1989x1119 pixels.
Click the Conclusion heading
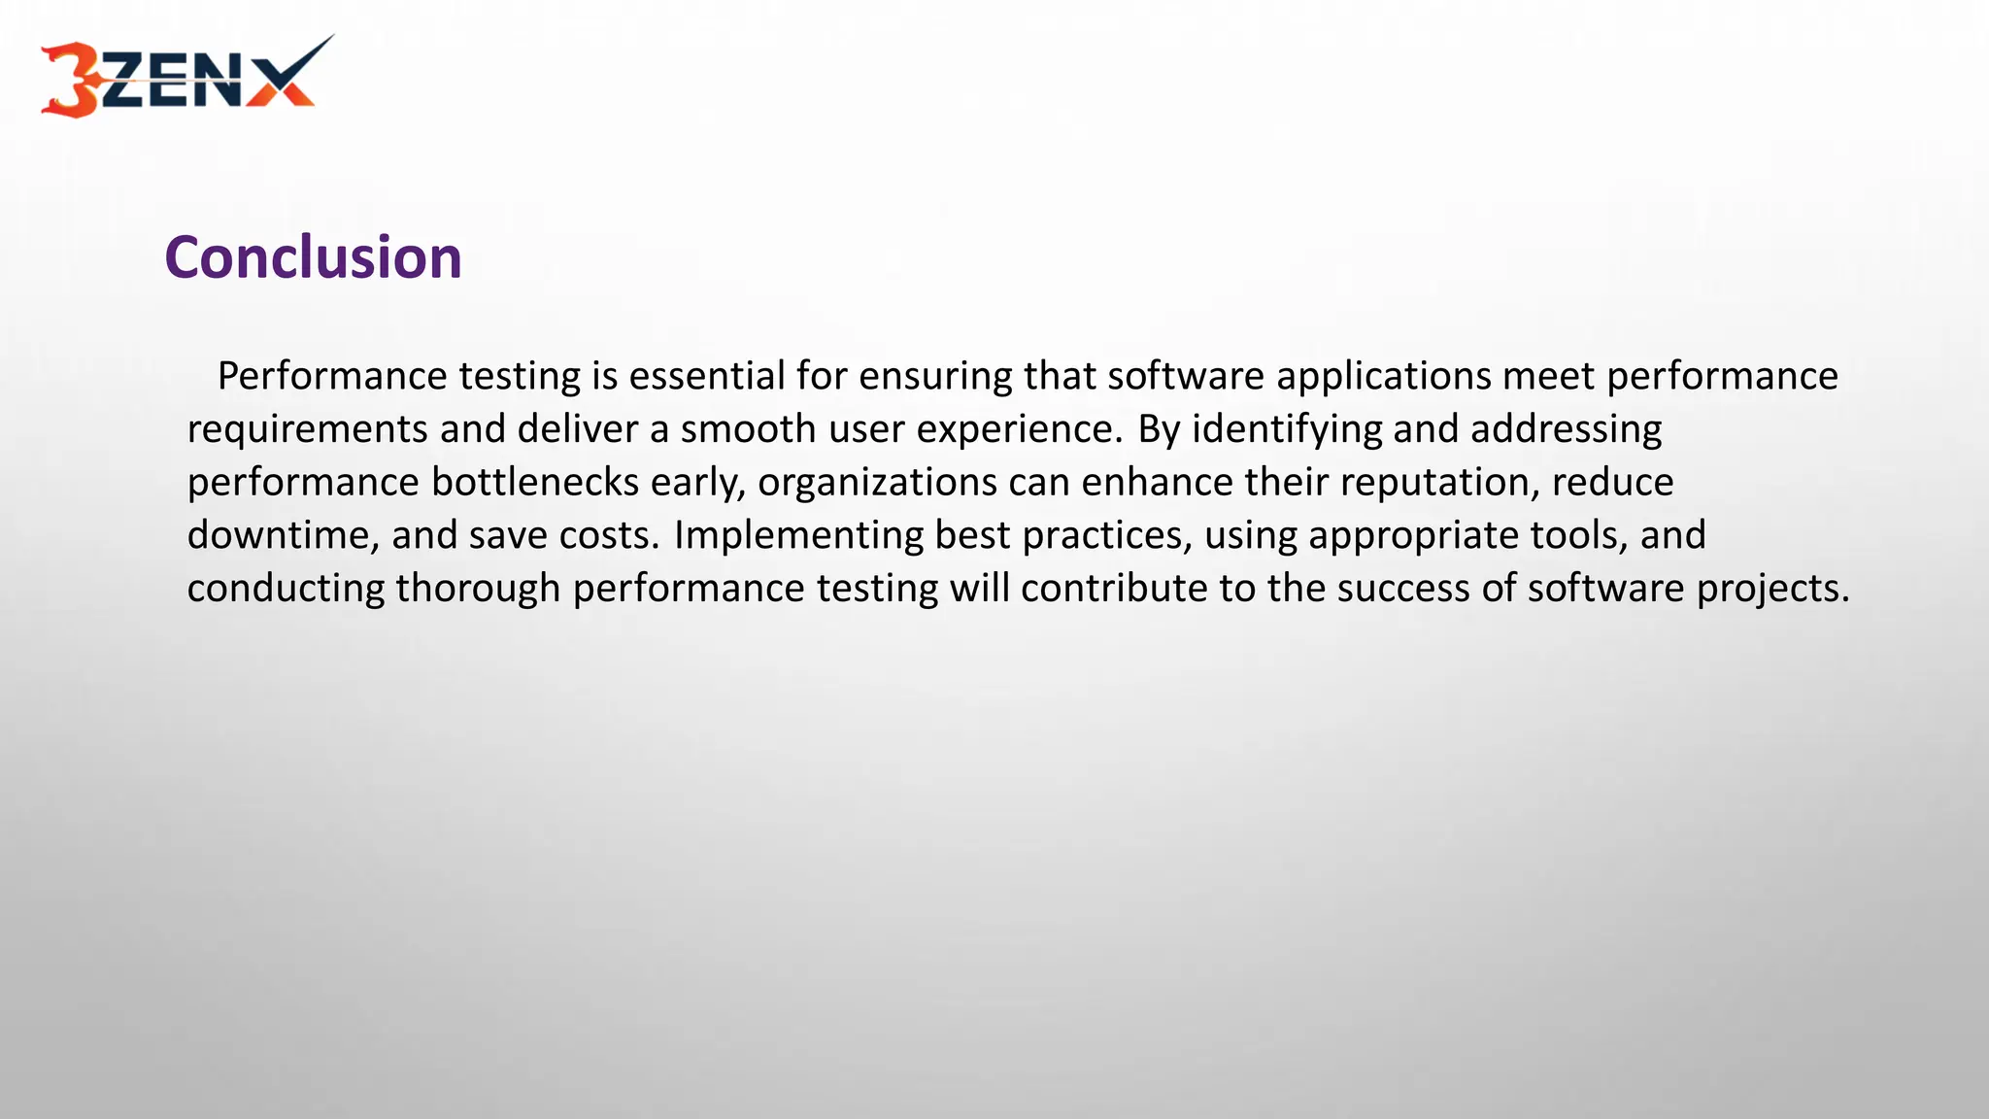pos(313,258)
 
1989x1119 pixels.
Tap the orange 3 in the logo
pos(70,80)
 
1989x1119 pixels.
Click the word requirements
pos(307,429)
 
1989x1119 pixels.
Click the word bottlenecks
pos(534,483)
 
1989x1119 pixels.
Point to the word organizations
pos(877,483)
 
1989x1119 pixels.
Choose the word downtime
pos(283,535)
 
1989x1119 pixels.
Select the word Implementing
pos(798,535)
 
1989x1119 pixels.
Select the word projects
pos(1772,589)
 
